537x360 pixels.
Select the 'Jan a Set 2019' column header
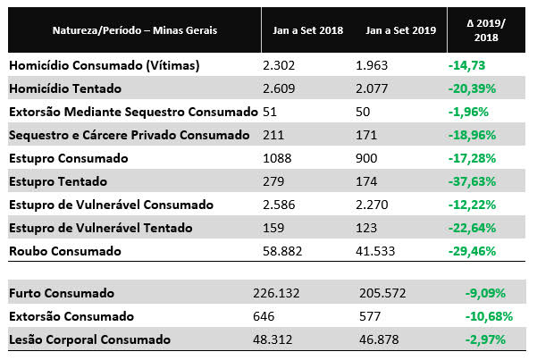point(400,29)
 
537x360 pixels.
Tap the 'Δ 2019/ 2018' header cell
point(485,29)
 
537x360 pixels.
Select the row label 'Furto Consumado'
point(61,293)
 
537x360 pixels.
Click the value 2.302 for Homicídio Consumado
point(281,65)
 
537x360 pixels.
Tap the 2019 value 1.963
point(373,65)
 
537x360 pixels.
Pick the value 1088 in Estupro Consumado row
point(278,158)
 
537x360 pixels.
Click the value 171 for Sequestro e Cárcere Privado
point(366,135)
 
